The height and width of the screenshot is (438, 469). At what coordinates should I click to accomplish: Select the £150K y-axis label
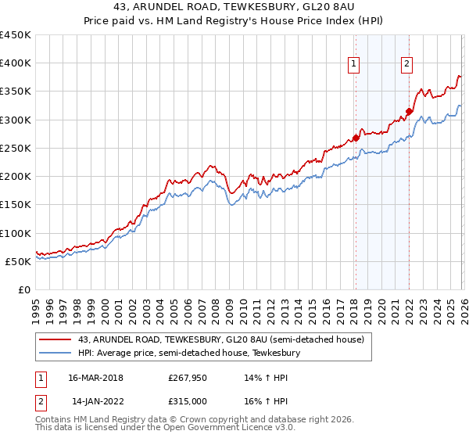tap(16, 205)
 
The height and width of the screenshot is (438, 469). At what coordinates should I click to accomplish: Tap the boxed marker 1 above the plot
tap(354, 65)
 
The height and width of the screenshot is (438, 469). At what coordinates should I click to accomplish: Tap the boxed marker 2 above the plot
tap(407, 65)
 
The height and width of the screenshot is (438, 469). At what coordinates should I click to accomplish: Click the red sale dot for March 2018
tap(356, 138)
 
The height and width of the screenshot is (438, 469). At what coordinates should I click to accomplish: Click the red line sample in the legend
tap(55, 339)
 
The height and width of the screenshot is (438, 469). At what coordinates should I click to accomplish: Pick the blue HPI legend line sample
tap(55, 354)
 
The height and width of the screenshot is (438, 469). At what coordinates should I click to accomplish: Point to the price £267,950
tap(186, 378)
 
